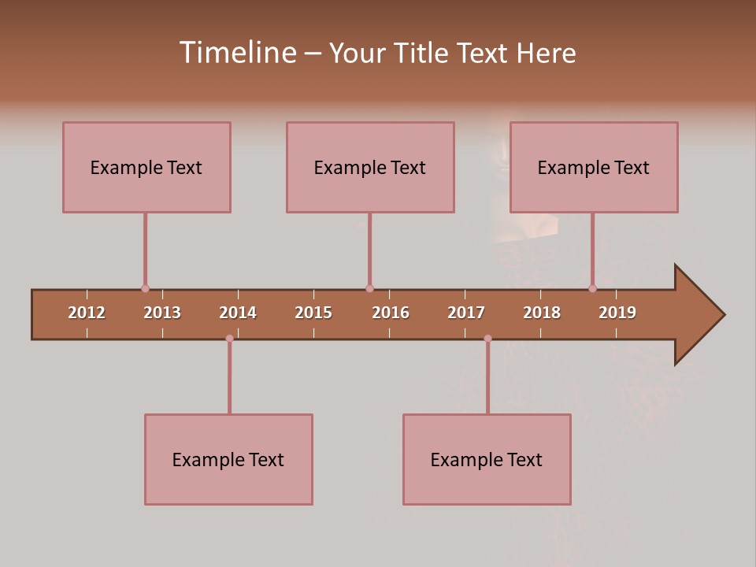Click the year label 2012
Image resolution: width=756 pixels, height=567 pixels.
(x=87, y=313)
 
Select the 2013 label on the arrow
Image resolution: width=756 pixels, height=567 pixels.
(x=162, y=313)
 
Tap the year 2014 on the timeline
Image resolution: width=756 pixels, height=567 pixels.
(x=238, y=313)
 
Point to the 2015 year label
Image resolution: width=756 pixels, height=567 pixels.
(x=313, y=313)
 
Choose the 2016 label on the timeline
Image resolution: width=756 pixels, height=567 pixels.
(x=391, y=313)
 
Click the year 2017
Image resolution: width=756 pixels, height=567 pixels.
(x=466, y=313)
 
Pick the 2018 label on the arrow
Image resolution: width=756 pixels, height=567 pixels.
(x=542, y=313)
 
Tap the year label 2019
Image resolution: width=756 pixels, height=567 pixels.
(x=617, y=313)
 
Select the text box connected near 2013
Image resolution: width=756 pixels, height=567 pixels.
(x=146, y=167)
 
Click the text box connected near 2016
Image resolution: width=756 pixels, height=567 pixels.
(x=370, y=167)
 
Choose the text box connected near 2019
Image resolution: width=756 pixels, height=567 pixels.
(x=594, y=167)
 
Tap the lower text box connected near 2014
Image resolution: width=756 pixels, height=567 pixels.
(x=228, y=459)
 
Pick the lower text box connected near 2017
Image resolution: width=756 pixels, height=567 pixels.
(x=487, y=459)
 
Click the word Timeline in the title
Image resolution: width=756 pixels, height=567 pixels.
(x=236, y=53)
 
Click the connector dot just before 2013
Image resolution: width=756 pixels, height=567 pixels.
(x=145, y=288)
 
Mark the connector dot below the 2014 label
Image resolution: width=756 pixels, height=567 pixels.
(x=229, y=339)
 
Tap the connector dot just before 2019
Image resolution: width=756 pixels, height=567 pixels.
(x=593, y=288)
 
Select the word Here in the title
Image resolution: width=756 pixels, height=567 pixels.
(x=546, y=54)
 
